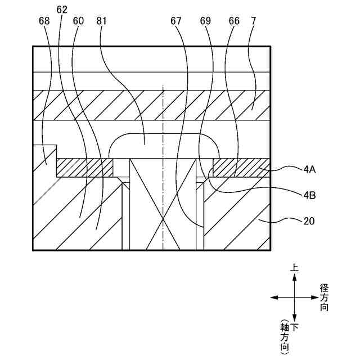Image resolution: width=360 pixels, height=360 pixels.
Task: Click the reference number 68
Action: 44,21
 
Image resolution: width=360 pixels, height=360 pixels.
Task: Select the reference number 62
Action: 62,10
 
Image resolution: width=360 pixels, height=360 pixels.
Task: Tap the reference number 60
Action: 79,21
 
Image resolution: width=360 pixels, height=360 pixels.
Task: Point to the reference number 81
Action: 102,21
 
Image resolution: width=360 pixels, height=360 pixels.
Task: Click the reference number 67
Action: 175,21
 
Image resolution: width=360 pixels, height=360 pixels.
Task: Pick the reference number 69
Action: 205,21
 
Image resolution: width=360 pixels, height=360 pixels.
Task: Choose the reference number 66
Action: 234,21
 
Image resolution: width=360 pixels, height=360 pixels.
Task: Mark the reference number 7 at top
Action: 254,21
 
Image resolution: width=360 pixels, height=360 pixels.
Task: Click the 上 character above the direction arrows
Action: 294,268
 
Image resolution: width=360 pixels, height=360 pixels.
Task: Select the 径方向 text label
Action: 324,298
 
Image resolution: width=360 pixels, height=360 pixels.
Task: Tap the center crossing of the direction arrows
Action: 294,298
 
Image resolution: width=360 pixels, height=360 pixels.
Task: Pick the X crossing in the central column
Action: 163,219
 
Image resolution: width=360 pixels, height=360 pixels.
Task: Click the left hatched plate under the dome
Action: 85,168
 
